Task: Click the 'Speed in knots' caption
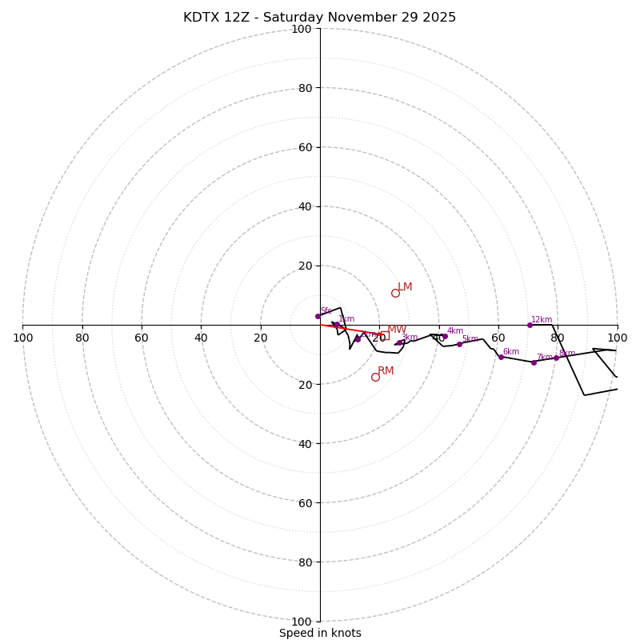pos(320,633)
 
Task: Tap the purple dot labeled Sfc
pos(318,316)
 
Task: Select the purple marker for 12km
pos(530,325)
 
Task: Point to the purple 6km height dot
pos(501,357)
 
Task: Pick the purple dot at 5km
pos(459,344)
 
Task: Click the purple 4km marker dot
pos(445,336)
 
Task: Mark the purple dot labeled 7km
pos(534,362)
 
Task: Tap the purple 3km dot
pos(399,342)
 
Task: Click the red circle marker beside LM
pos(395,293)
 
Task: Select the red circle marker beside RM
pos(375,377)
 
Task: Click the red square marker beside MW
pos(383,336)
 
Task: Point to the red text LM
pos(405,287)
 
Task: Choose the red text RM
pos(386,371)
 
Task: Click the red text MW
pos(397,330)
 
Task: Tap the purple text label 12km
pos(542,320)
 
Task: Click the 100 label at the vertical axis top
pos(302,29)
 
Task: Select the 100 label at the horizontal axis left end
pos(22,338)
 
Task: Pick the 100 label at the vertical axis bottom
pos(302,621)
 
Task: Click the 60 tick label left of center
pos(142,338)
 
